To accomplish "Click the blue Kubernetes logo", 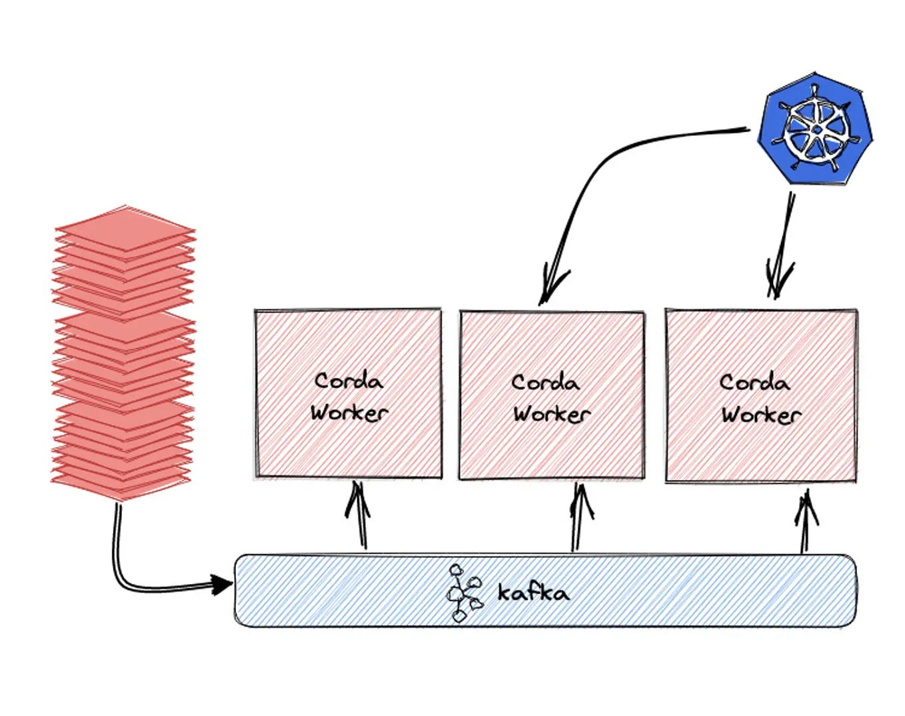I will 814,129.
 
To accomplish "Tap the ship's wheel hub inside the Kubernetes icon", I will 816,129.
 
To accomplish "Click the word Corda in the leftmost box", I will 349,381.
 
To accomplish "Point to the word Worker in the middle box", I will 551,414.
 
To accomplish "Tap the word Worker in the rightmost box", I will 761,415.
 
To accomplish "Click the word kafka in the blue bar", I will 533,592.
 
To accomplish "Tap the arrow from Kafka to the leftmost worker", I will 360,517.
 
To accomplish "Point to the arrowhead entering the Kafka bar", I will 223,585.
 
